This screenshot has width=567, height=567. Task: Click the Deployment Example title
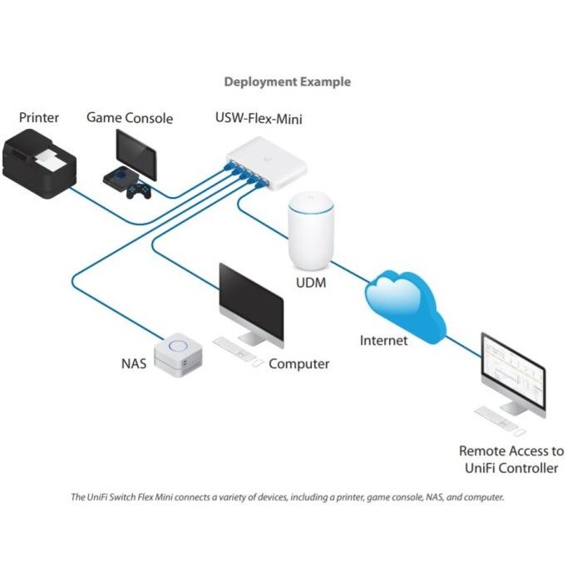point(288,82)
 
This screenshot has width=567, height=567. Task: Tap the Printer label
point(39,117)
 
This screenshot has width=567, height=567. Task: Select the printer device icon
point(42,163)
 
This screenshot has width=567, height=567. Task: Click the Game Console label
point(130,118)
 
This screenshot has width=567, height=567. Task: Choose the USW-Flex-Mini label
point(259,119)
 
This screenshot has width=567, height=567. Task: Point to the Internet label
point(384,340)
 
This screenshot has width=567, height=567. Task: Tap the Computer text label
point(299,364)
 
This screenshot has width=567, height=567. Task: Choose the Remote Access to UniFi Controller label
point(510,460)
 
